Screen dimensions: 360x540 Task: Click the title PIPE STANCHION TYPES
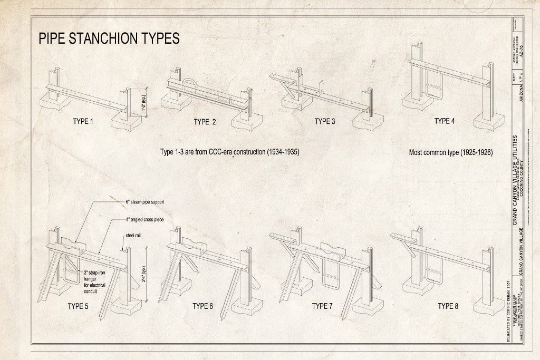tap(108, 39)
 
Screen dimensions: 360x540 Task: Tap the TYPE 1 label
tap(83, 122)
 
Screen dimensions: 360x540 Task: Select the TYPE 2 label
tap(205, 122)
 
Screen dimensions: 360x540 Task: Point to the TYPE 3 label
tap(325, 122)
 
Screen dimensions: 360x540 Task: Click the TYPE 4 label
tap(445, 121)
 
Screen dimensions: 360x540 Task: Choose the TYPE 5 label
tap(78, 306)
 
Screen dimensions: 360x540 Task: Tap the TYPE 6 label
tap(202, 306)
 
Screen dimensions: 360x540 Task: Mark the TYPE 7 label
tap(322, 306)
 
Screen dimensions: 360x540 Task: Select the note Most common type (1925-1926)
tap(451, 153)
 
